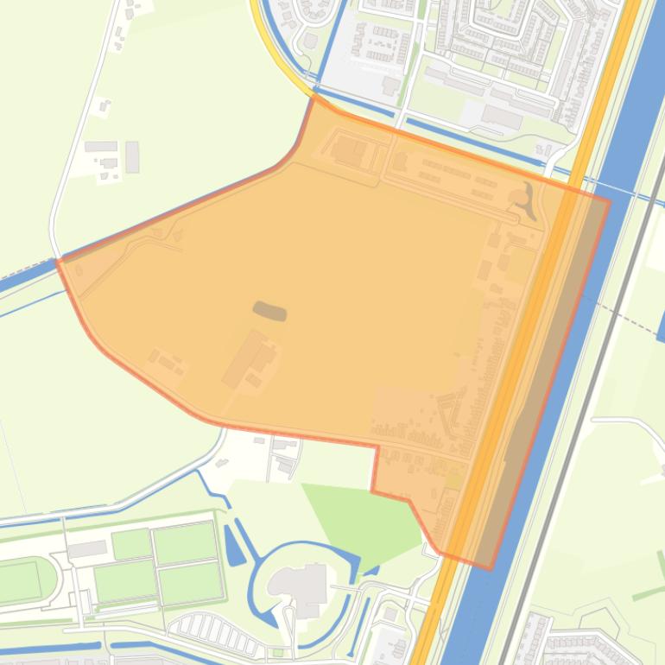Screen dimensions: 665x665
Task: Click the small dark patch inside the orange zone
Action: [x=269, y=311]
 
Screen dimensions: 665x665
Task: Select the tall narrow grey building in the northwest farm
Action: [x=132, y=157]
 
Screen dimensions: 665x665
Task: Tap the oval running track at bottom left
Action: [x=26, y=581]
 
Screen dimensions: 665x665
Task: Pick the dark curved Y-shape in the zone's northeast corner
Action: [x=525, y=201]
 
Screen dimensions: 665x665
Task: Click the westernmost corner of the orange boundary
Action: [x=58, y=260]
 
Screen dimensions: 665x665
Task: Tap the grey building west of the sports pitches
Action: [x=86, y=549]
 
